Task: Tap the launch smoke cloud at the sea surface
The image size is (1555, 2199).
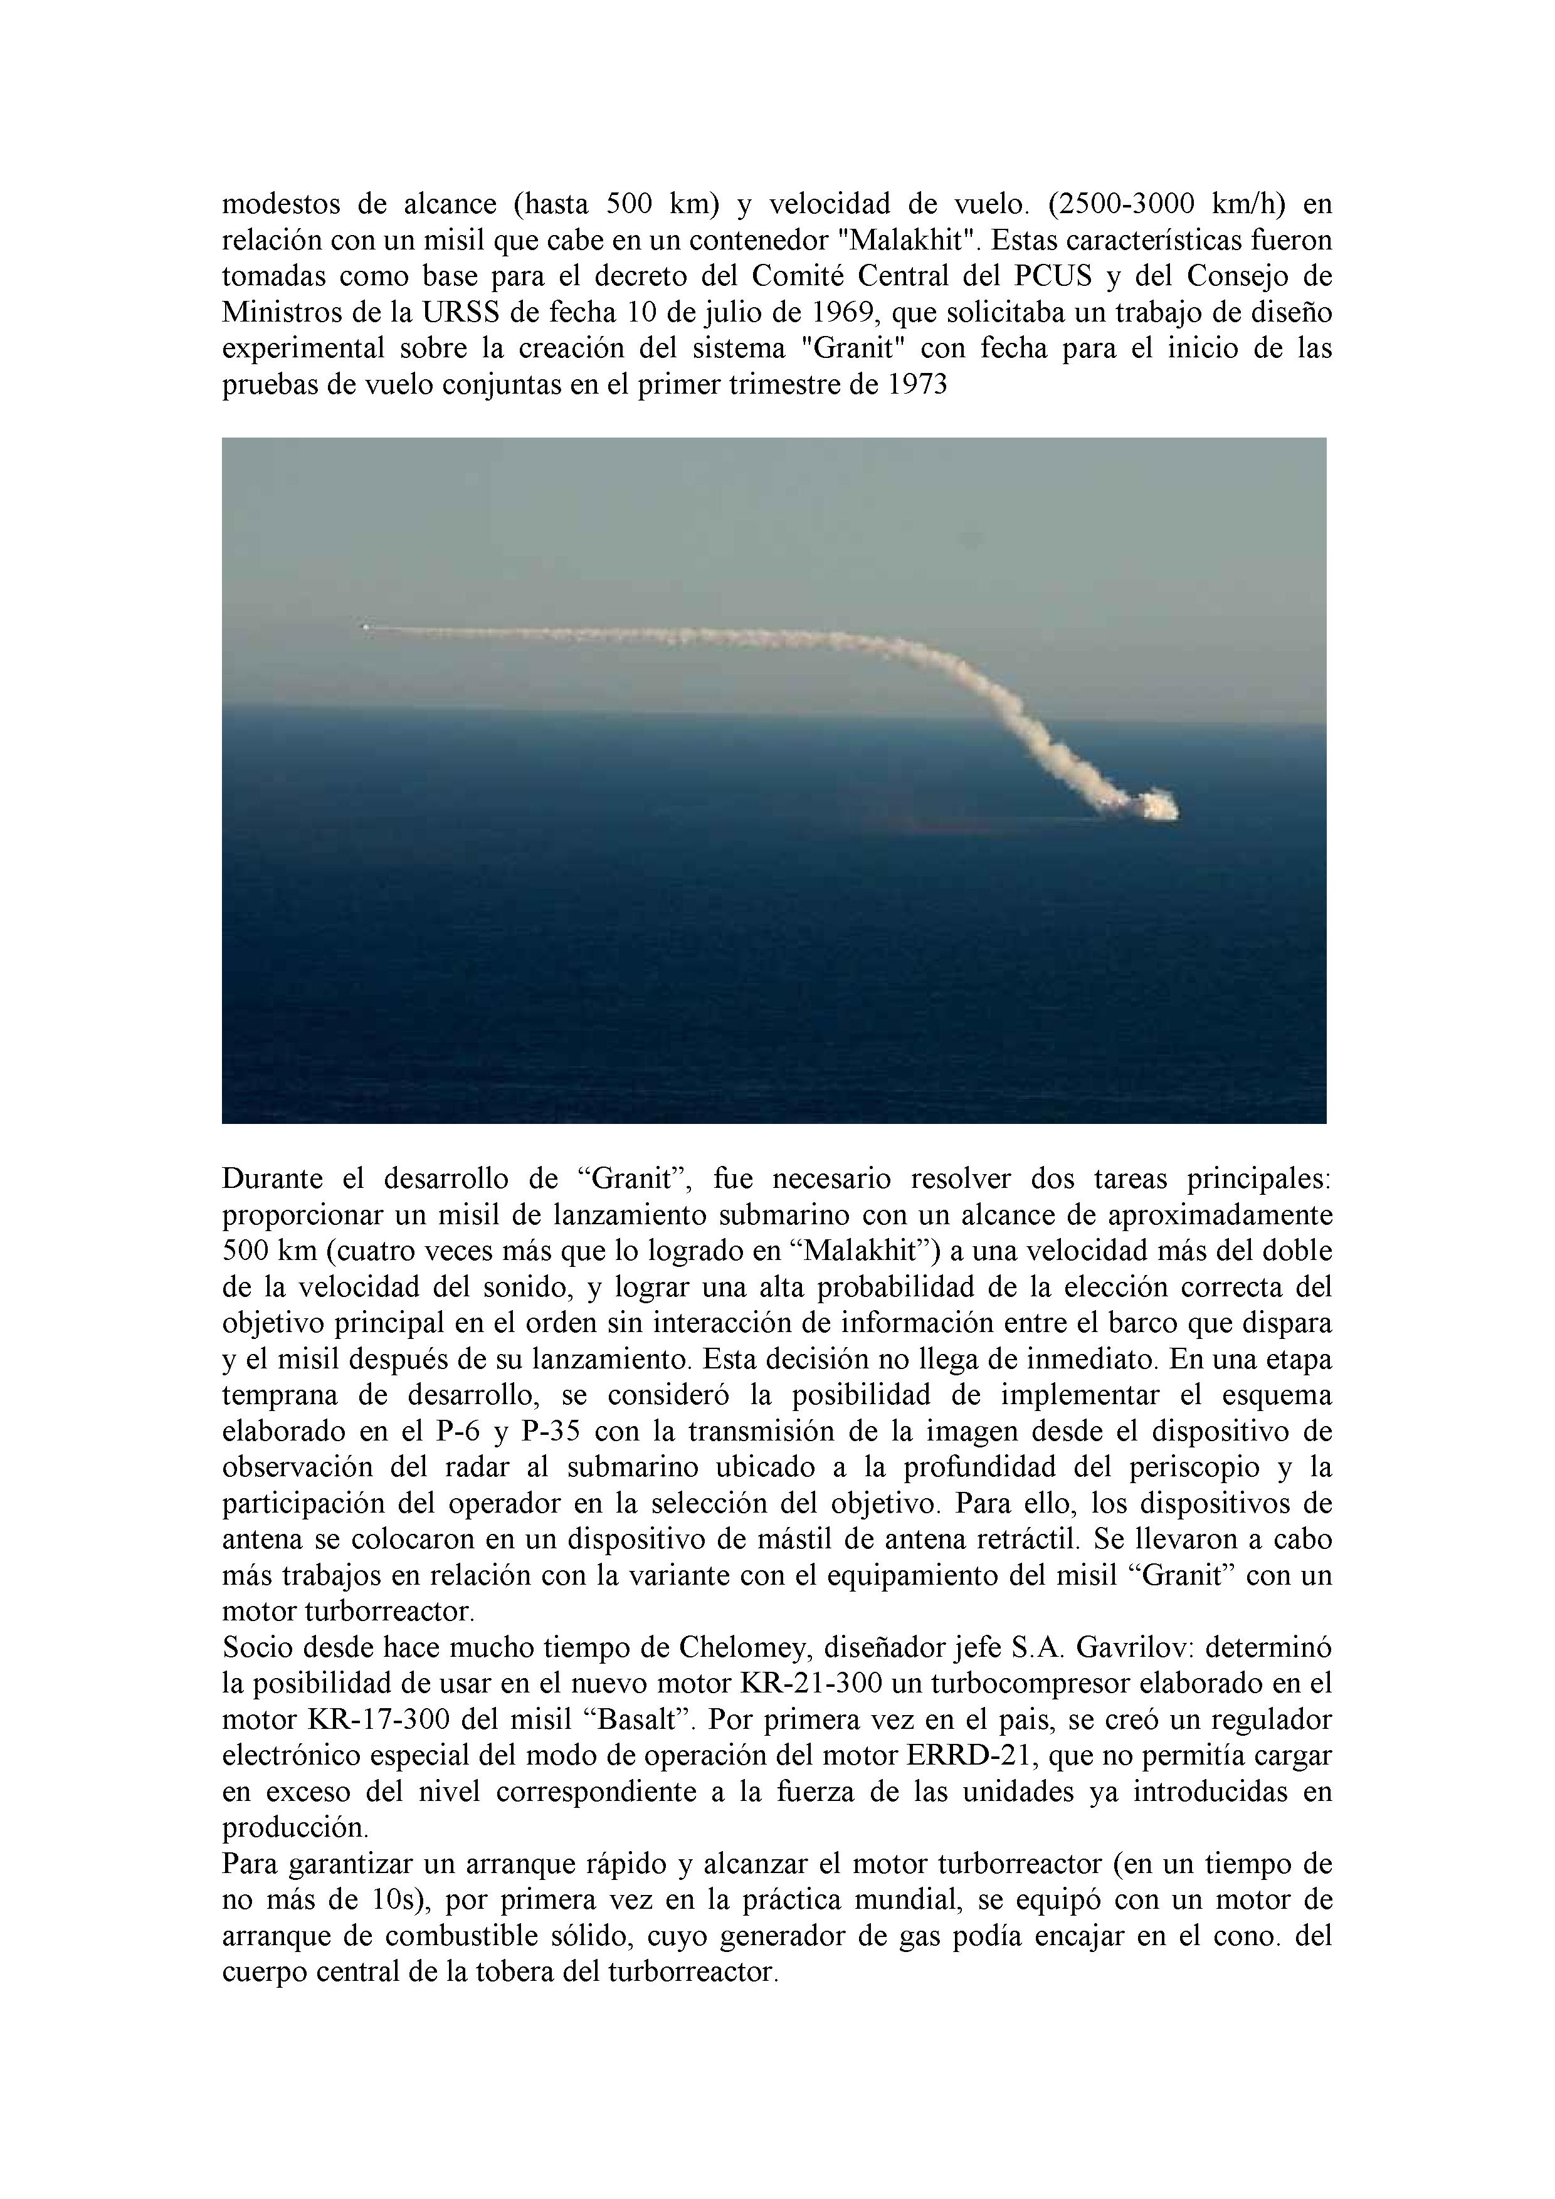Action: click(x=1154, y=804)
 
